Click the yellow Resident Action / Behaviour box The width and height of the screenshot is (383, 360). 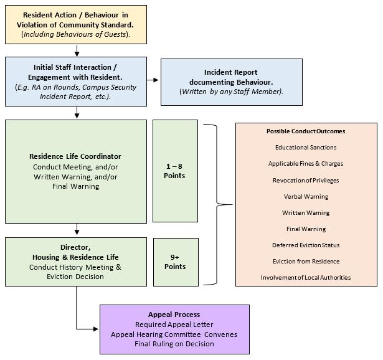(x=77, y=24)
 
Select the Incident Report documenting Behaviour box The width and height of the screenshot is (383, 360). (x=230, y=82)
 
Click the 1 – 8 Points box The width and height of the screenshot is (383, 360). (x=175, y=171)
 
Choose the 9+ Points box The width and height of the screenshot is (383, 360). (x=175, y=262)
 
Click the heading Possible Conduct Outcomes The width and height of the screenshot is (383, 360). (x=305, y=131)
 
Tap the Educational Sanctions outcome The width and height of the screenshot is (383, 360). (x=305, y=148)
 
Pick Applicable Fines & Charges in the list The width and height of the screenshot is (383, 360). (x=305, y=164)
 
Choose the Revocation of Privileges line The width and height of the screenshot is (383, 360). (x=305, y=180)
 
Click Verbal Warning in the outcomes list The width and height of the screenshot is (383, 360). (x=305, y=196)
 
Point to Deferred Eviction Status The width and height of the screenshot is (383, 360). (x=305, y=245)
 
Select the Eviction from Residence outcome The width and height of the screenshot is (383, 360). (x=305, y=261)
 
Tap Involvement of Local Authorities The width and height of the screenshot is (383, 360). (x=305, y=277)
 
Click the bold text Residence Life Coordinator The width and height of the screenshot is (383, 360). (x=75, y=156)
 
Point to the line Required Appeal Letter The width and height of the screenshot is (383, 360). (x=174, y=324)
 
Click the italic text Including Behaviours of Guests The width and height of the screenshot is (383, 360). (x=77, y=34)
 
